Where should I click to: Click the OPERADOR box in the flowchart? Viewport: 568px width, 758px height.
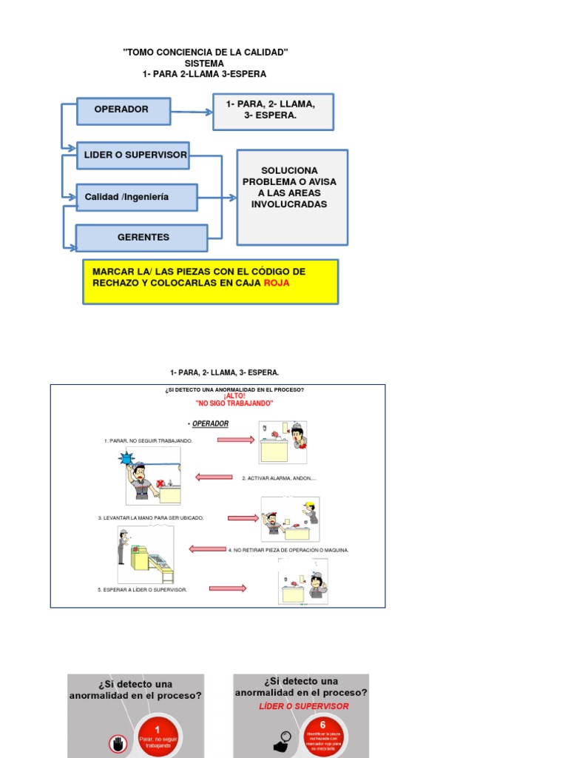click(x=124, y=110)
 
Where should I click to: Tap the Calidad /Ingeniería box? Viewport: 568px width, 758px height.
click(x=136, y=197)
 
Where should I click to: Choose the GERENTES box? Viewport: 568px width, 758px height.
click(x=142, y=238)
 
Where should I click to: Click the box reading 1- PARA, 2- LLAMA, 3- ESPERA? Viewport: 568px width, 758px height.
click(x=274, y=111)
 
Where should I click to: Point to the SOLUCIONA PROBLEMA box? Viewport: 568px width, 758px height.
click(x=292, y=197)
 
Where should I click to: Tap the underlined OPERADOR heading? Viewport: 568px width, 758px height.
click(x=210, y=424)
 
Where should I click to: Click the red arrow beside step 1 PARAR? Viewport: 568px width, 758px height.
click(x=235, y=440)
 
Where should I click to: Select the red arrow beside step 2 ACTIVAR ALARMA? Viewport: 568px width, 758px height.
click(x=214, y=477)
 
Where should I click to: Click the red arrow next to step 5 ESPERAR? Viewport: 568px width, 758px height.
click(x=228, y=588)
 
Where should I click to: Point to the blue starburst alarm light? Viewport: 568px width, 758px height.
click(x=126, y=459)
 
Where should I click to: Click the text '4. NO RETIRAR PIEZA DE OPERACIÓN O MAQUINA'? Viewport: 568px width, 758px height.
click(x=288, y=550)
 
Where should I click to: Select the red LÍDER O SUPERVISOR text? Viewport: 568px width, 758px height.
click(x=304, y=706)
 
